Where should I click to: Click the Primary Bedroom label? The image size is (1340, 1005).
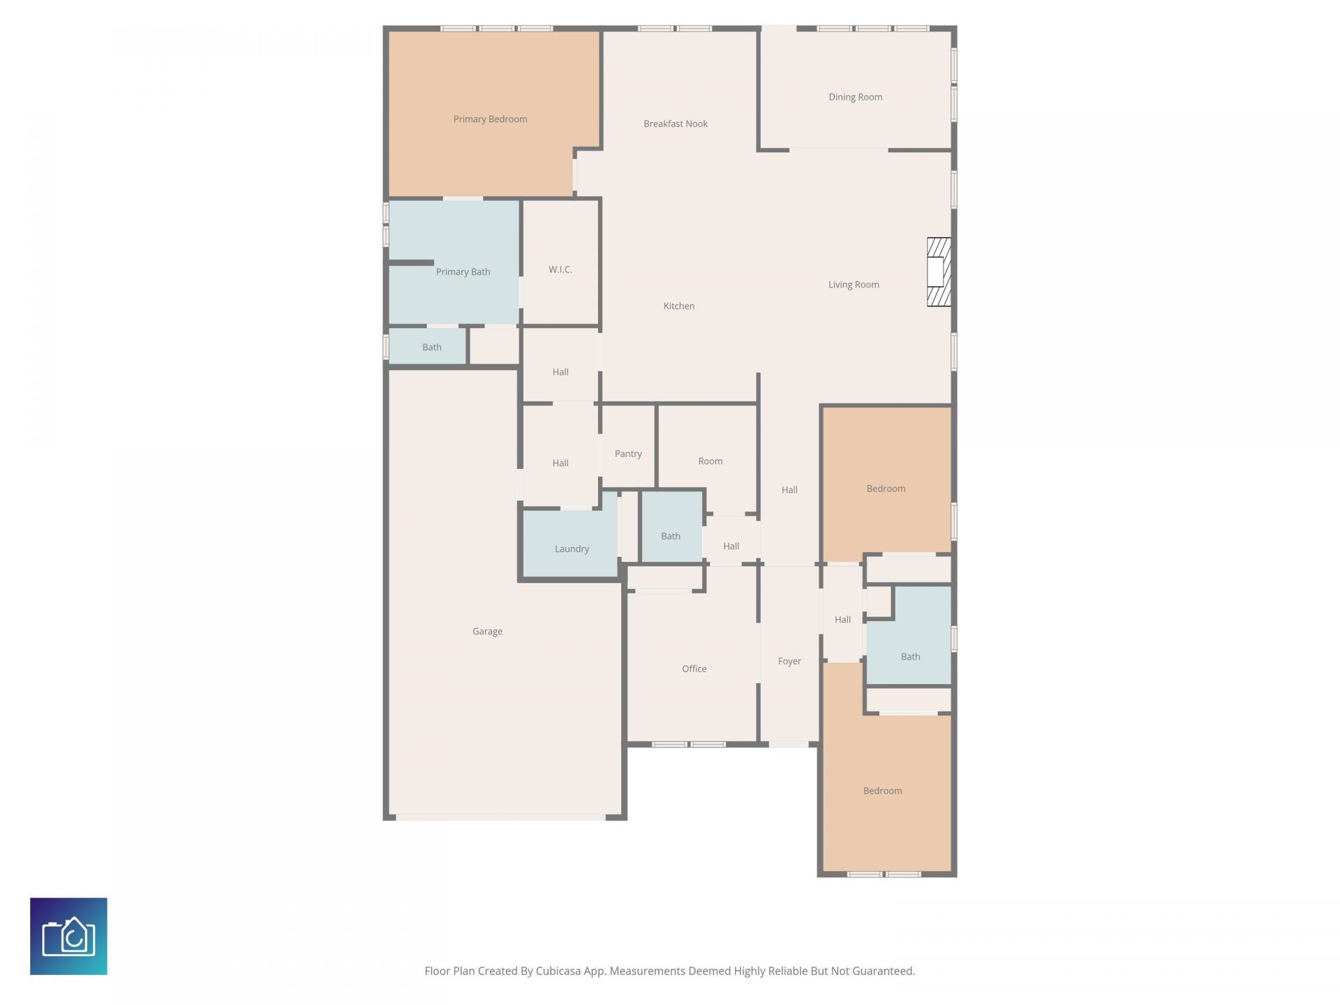pyautogui.click(x=490, y=119)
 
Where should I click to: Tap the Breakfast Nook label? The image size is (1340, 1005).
pyautogui.click(x=675, y=124)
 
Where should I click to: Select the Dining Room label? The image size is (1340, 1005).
pyautogui.click(x=855, y=97)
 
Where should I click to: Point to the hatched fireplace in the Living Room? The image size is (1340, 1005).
pyautogui.click(x=939, y=271)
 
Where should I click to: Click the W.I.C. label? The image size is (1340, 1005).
pyautogui.click(x=560, y=269)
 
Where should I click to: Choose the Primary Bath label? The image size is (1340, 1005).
pyautogui.click(x=463, y=272)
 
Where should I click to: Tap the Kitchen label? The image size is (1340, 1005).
pyautogui.click(x=678, y=306)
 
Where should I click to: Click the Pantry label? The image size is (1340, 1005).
pyautogui.click(x=628, y=454)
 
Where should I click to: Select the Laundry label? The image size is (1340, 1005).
pyautogui.click(x=572, y=549)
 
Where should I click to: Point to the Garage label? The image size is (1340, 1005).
pyautogui.click(x=487, y=632)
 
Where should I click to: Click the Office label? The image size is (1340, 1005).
pyautogui.click(x=694, y=669)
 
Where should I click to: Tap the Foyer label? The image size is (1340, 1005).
pyautogui.click(x=789, y=661)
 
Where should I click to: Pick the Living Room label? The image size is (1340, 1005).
pyautogui.click(x=854, y=285)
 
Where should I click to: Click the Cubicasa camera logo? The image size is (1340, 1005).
pyautogui.click(x=68, y=936)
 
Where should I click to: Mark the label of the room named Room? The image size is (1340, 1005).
pyautogui.click(x=710, y=461)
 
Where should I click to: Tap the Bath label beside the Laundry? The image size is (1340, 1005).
pyautogui.click(x=670, y=536)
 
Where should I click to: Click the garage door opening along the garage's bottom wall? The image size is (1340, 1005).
pyautogui.click(x=500, y=817)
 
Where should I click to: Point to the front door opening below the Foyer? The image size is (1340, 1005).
pyautogui.click(x=789, y=745)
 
